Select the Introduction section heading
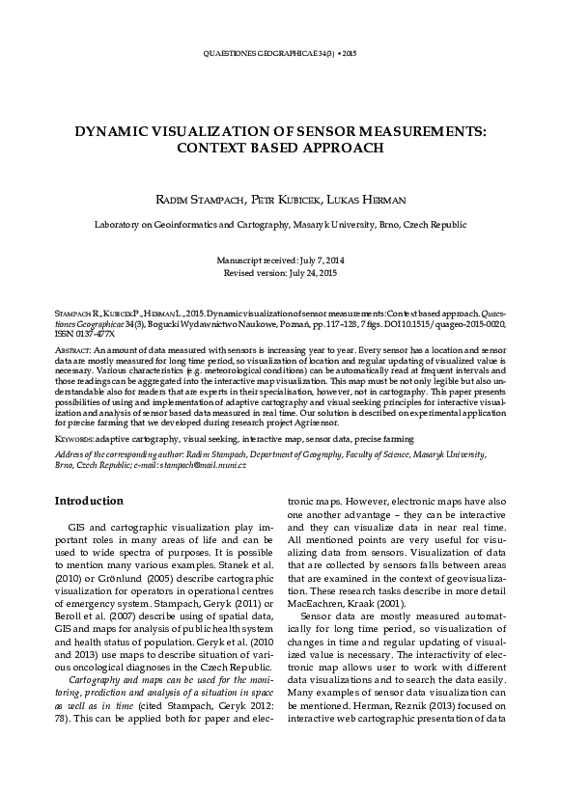pyautogui.click(x=88, y=501)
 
